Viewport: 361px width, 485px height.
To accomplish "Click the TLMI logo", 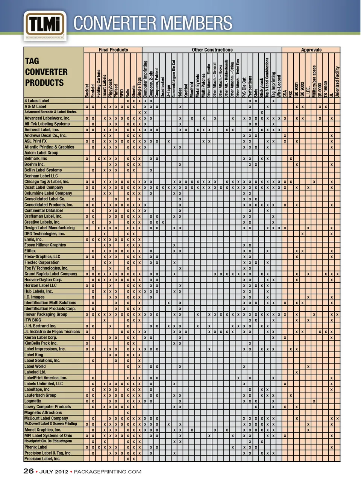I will [45, 26].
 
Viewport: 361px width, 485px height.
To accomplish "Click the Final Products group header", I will [113, 50].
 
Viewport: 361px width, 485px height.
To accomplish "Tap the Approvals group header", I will [311, 50].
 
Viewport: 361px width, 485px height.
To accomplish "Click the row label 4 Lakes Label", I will [37, 101].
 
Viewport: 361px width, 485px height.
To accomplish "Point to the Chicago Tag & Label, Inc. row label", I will [47, 182].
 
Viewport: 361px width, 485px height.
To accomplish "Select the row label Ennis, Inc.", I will [33, 239].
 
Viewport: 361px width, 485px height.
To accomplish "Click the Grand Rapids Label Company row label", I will [51, 274].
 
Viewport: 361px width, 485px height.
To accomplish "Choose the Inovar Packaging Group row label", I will [46, 314].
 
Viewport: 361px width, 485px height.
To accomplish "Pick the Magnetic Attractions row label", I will [43, 412].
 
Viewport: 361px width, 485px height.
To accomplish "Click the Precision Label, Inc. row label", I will [42, 459].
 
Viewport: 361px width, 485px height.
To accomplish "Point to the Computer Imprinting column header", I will [145, 79].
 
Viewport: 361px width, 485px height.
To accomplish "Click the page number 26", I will [28, 471].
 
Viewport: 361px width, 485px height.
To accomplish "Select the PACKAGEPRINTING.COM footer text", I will [108, 472].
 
